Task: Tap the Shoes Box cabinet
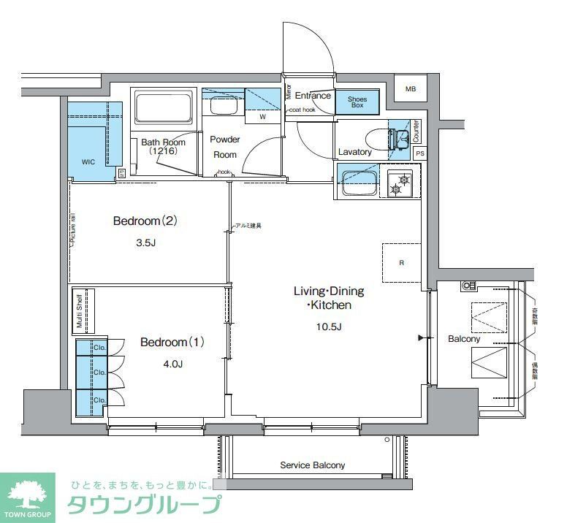(x=357, y=102)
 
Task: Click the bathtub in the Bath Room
(x=164, y=110)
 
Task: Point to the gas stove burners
(x=400, y=183)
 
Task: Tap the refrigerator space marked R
(x=401, y=262)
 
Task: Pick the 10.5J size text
(x=328, y=326)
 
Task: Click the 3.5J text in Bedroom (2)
(x=145, y=243)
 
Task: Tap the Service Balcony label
(x=313, y=465)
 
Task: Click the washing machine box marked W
(x=262, y=116)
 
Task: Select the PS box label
(x=419, y=153)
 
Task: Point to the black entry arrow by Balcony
(x=420, y=338)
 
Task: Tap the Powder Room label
(x=225, y=146)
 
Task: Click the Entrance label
(x=313, y=96)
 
